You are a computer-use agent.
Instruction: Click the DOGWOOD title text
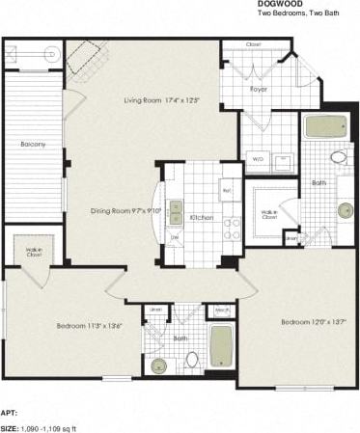pyautogui.click(x=279, y=5)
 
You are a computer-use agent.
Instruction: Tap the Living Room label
pyautogui.click(x=159, y=99)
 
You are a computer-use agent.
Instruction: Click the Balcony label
pyautogui.click(x=33, y=145)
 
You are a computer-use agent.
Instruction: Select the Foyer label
pyautogui.click(x=258, y=89)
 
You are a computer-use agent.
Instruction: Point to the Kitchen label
pyautogui.click(x=201, y=217)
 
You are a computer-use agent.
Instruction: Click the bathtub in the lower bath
pyautogui.click(x=221, y=347)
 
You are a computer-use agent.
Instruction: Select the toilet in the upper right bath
pyautogui.click(x=339, y=156)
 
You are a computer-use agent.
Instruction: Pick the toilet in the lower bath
pyautogui.click(x=191, y=360)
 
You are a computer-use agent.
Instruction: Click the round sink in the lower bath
pyautogui.click(x=159, y=365)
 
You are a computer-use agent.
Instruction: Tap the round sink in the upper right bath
pyautogui.click(x=345, y=210)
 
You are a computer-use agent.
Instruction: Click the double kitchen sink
pyautogui.click(x=176, y=210)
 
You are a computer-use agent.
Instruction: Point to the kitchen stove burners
pyautogui.click(x=232, y=228)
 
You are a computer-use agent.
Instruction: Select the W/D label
pyautogui.click(x=258, y=159)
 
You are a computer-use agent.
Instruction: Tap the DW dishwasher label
pyautogui.click(x=175, y=237)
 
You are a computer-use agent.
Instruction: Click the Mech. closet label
pyautogui.click(x=221, y=310)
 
